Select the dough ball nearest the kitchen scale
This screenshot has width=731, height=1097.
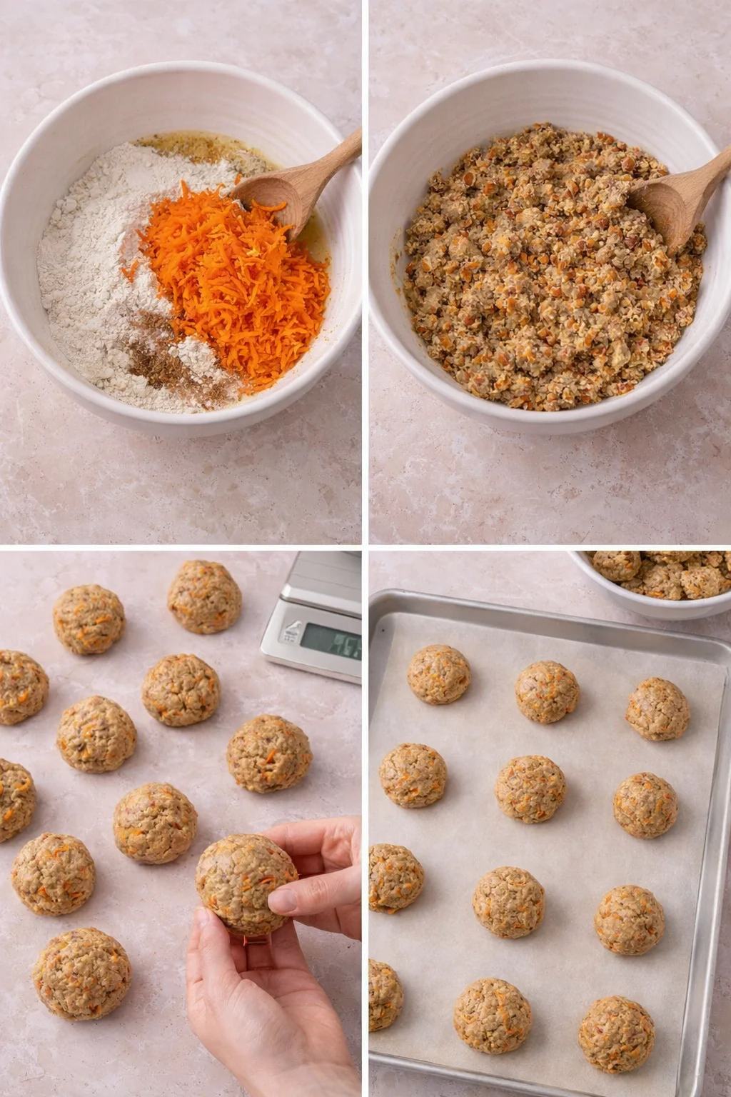[205, 596]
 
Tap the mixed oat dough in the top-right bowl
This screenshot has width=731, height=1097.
[543, 286]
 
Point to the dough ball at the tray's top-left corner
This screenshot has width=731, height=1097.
[438, 674]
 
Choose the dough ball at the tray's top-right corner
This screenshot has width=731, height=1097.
[657, 709]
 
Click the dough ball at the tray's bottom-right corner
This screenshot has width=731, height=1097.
[616, 1034]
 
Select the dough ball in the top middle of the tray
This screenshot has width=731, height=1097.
[547, 691]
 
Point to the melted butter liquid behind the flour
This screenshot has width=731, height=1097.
[200, 150]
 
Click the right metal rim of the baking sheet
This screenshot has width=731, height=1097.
[706, 857]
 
